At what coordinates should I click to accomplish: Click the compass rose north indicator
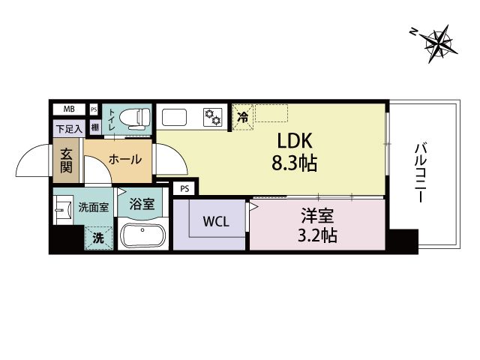(x=439, y=43)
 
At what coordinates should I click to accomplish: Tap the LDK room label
(x=295, y=141)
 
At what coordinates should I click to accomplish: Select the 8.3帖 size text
(x=294, y=163)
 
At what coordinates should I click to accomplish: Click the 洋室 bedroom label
(x=317, y=215)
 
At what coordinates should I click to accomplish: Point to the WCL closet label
(x=216, y=222)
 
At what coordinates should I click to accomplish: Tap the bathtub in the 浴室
(x=143, y=235)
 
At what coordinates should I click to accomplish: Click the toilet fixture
(x=135, y=117)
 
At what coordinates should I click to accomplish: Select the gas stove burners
(x=212, y=117)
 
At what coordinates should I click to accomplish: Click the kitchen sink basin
(x=175, y=117)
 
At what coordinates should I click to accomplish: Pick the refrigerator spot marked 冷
(x=243, y=117)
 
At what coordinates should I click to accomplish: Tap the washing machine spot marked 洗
(x=98, y=238)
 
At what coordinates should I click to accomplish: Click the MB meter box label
(x=69, y=109)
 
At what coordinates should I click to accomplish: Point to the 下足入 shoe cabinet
(x=69, y=129)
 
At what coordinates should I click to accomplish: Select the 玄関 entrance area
(x=66, y=160)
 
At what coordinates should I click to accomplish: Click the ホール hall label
(x=125, y=159)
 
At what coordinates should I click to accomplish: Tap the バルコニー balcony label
(x=421, y=172)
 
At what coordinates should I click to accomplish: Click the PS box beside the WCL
(x=184, y=188)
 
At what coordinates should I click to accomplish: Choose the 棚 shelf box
(x=95, y=127)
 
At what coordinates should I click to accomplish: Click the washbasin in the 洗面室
(x=63, y=210)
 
